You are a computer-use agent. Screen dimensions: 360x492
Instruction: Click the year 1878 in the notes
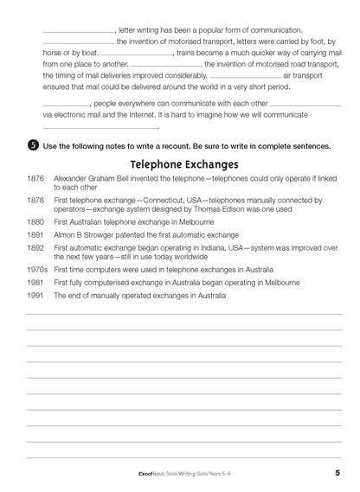[x=35, y=200]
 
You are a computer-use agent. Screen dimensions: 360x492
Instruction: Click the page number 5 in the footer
[x=337, y=472]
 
